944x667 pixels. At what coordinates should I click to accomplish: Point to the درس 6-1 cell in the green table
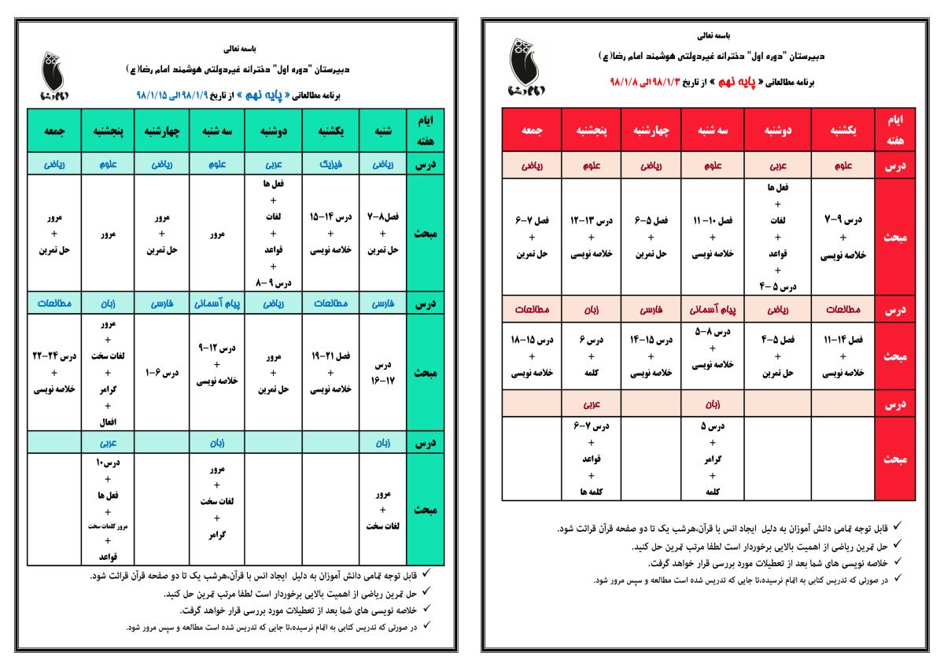pyautogui.click(x=161, y=372)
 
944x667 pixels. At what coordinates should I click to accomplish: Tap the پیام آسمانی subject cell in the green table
pyautogui.click(x=217, y=302)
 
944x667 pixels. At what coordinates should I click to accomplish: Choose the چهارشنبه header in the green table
pyautogui.click(x=161, y=132)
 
